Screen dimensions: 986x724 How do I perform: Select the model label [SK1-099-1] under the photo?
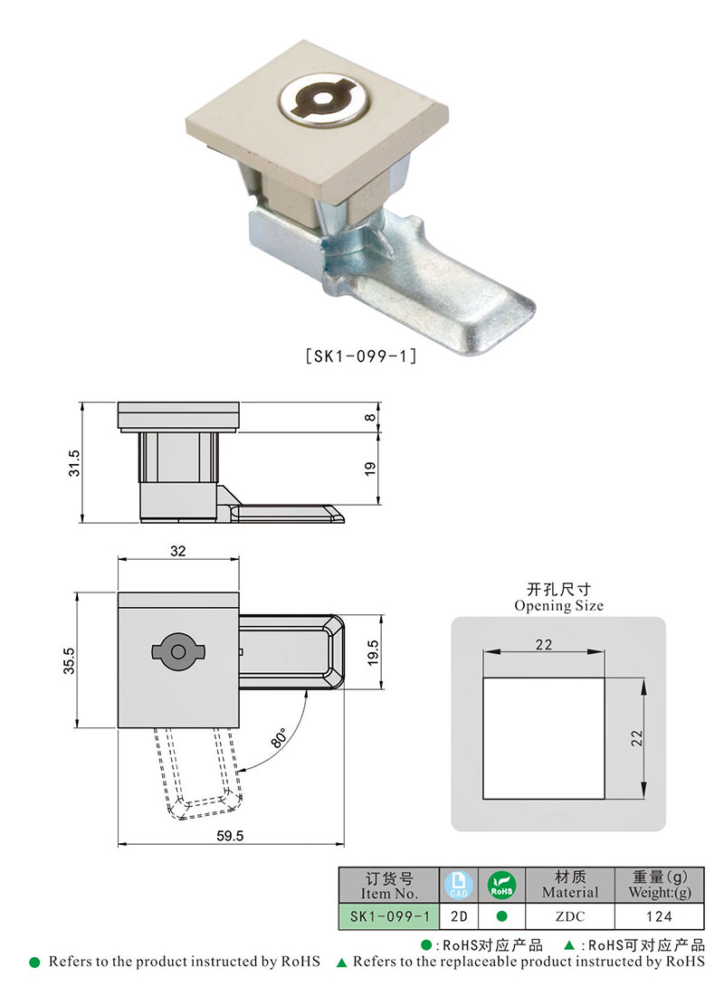point(361,356)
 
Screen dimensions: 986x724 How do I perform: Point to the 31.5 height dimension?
point(76,462)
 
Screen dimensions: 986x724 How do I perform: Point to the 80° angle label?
point(279,737)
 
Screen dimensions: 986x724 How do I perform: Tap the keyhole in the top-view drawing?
point(178,651)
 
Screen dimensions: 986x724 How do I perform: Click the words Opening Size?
point(558,606)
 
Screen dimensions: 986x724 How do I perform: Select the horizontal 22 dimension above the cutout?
point(543,643)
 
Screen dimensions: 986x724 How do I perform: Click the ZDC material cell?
point(570,916)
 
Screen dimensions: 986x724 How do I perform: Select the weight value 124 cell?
point(659,916)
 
